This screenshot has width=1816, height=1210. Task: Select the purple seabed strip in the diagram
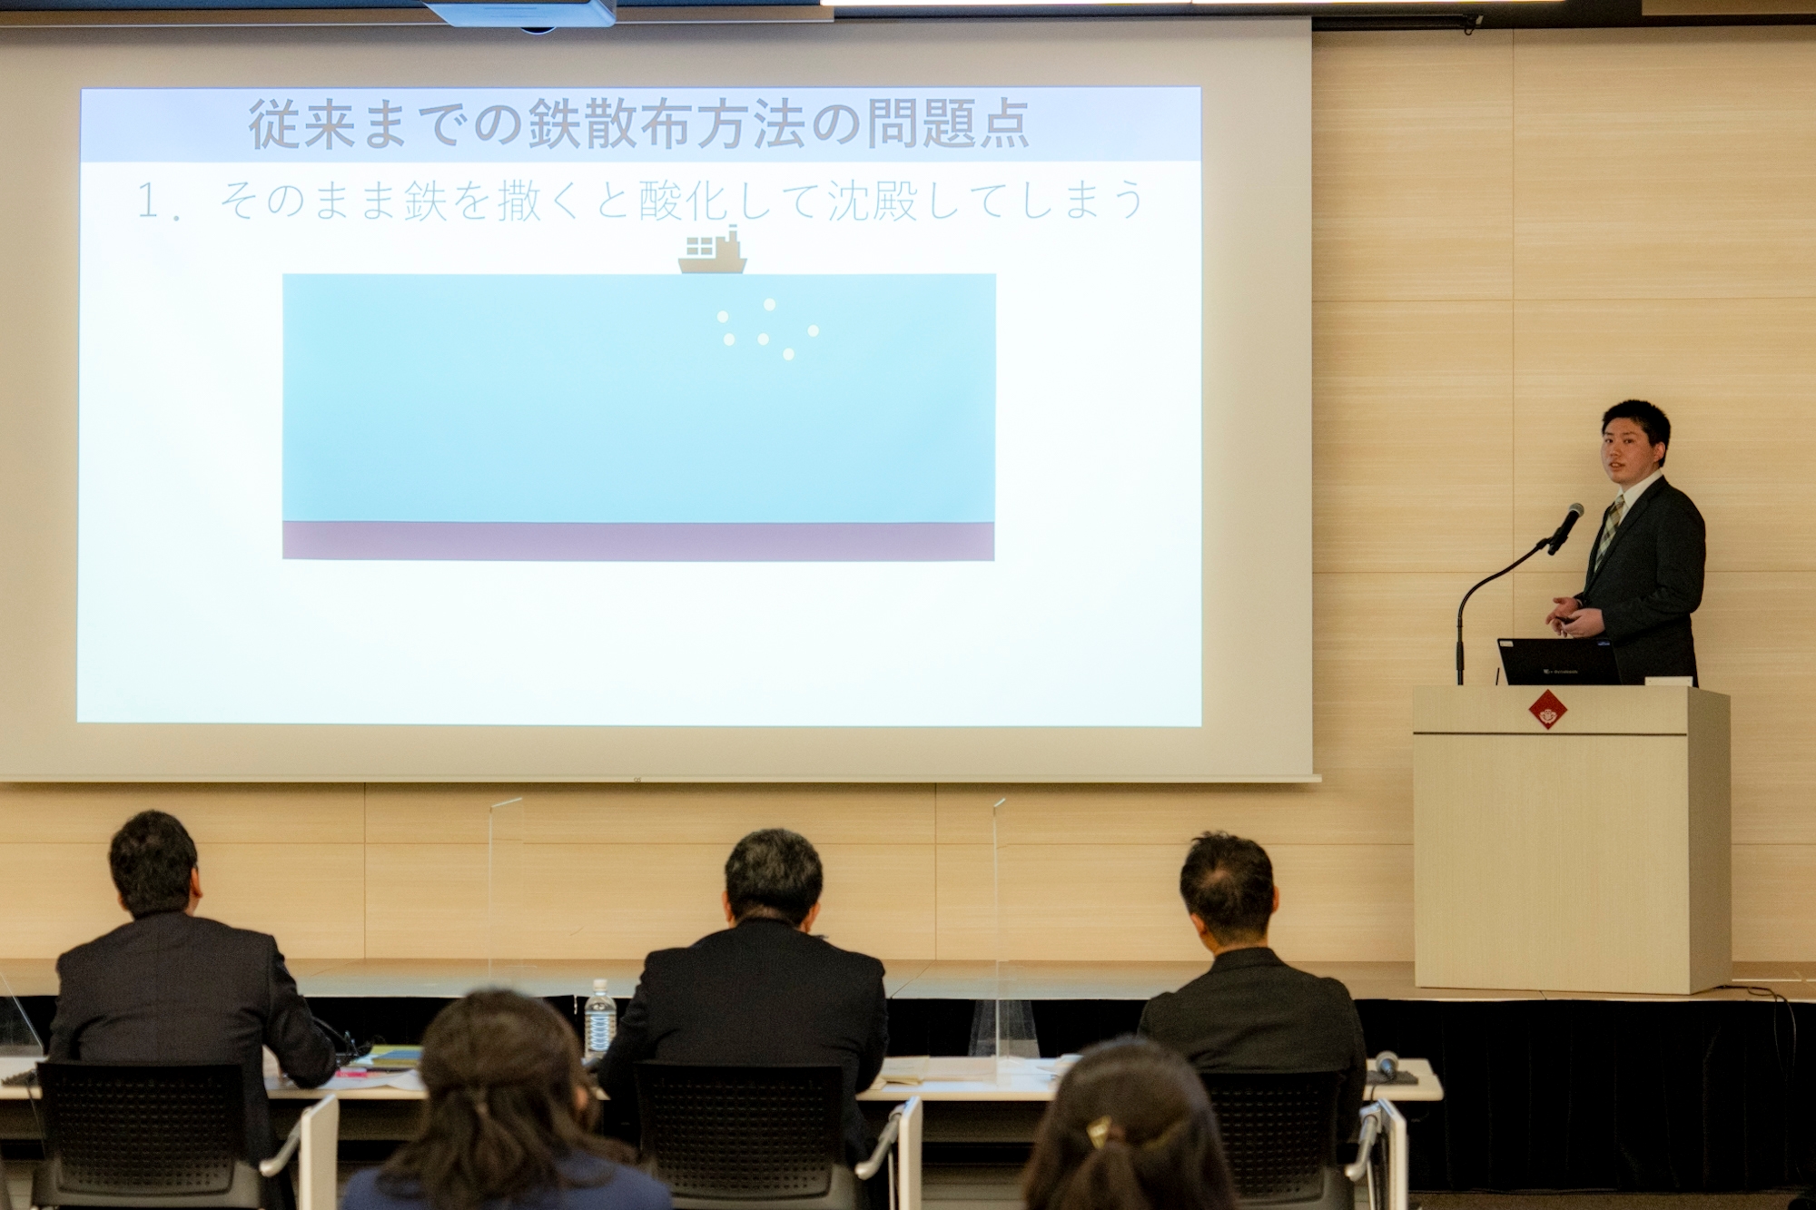(638, 541)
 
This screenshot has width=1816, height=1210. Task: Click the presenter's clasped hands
(1571, 616)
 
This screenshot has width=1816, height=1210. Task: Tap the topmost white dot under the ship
(770, 305)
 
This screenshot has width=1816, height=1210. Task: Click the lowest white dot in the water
(788, 355)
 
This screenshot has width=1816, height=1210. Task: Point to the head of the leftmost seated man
(154, 862)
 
